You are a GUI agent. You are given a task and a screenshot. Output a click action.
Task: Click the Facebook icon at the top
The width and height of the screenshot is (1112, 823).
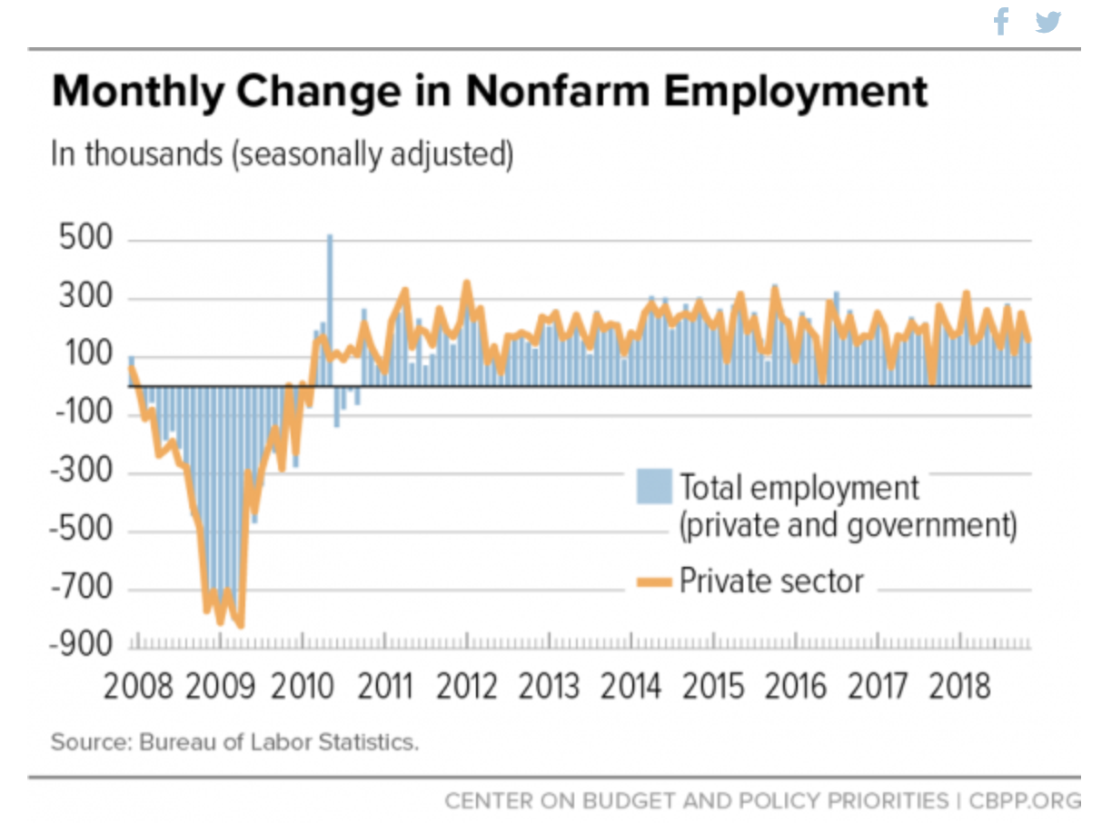(1001, 21)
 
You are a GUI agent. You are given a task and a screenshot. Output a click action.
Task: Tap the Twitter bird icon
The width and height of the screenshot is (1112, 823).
(1048, 22)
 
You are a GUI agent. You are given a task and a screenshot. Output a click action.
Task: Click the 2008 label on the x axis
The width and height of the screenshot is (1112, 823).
(138, 687)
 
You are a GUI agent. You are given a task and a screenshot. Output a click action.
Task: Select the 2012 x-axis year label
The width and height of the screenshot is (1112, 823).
(467, 687)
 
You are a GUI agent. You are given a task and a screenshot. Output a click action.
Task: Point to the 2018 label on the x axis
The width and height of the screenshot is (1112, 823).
(961, 687)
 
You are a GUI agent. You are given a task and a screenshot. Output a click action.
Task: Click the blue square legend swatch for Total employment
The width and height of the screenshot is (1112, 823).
(654, 487)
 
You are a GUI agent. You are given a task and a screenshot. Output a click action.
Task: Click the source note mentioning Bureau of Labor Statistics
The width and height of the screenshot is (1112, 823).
(234, 741)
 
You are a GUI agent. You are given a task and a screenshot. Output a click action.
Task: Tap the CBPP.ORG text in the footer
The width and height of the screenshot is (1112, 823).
(1025, 801)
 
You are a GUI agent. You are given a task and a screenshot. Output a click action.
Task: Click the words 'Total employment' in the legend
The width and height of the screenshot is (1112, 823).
(799, 488)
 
